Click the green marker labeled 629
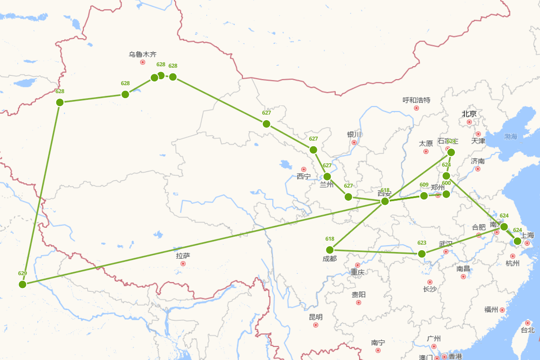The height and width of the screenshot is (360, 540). (22, 284)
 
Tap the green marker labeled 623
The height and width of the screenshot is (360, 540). (422, 254)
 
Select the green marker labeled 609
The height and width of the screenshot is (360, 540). (424, 195)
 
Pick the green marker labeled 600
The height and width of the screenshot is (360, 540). (446, 194)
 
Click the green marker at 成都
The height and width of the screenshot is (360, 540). (330, 250)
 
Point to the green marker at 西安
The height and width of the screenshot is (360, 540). (385, 201)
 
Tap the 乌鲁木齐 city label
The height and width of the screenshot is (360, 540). (143, 54)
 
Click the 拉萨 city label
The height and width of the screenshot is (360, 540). (183, 256)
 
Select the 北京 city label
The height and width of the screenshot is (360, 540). (469, 114)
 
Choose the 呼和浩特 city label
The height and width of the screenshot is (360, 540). (416, 100)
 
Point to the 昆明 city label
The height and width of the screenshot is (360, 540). (315, 317)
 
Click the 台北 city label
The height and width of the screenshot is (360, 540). (527, 330)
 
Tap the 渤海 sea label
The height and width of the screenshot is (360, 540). (511, 136)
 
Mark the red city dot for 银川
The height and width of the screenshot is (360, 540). (354, 143)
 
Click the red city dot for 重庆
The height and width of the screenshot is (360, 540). (358, 265)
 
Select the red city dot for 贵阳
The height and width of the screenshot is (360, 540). (359, 302)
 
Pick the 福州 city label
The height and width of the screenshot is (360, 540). (491, 310)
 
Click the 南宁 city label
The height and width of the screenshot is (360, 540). (378, 342)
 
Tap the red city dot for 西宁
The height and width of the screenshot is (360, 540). (303, 169)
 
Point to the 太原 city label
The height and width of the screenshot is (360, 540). (426, 144)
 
